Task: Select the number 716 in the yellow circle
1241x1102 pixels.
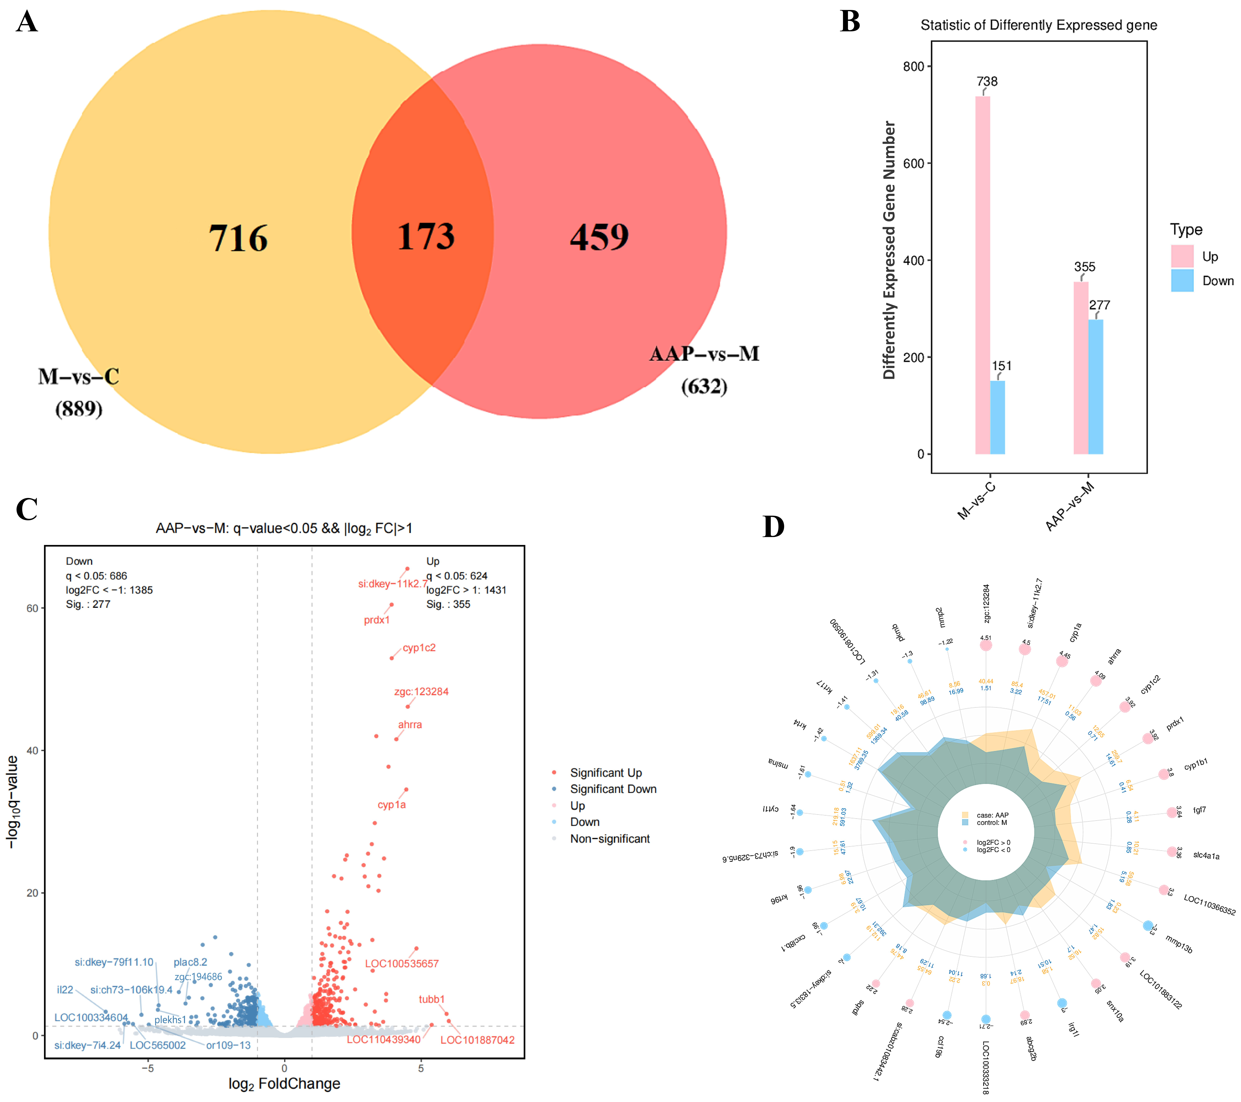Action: (238, 238)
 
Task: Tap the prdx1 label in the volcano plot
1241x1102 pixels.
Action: (376, 620)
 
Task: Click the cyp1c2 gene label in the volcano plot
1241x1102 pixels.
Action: (419, 648)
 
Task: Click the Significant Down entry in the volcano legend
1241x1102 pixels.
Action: (613, 789)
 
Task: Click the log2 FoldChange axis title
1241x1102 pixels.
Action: (284, 1083)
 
